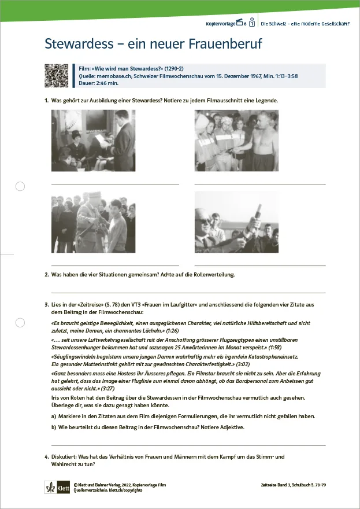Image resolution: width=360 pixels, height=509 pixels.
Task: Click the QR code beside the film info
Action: (x=57, y=75)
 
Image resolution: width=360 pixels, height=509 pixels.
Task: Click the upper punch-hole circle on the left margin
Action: (x=20, y=186)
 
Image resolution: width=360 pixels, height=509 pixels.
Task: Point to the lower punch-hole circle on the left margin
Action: (x=20, y=322)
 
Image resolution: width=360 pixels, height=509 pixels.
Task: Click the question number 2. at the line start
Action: (x=46, y=274)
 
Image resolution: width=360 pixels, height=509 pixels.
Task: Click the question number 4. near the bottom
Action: (x=46, y=457)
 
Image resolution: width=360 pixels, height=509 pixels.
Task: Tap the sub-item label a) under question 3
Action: (x=54, y=416)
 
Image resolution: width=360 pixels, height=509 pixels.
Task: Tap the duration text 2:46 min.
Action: (x=107, y=82)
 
